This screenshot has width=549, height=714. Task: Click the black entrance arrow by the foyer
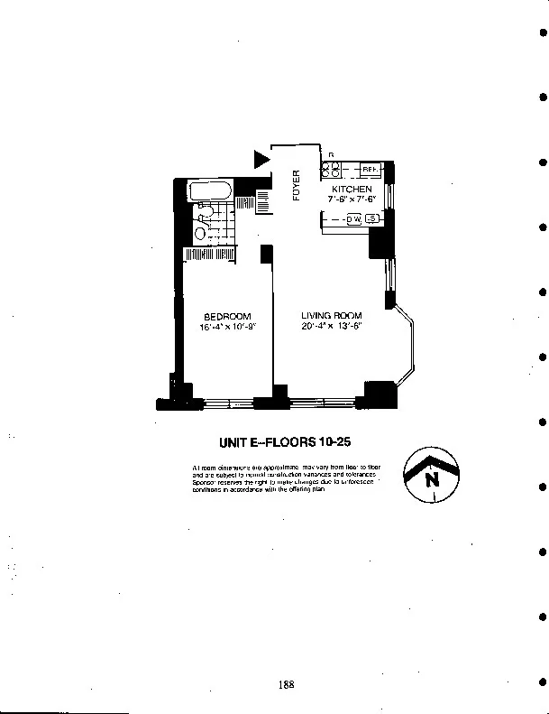[x=261, y=161]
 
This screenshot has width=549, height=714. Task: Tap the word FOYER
[x=296, y=185]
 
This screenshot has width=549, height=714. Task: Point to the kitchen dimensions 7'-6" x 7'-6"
[x=351, y=198]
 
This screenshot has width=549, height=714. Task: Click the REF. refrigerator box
[x=369, y=169]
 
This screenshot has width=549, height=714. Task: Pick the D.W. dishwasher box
[x=354, y=219]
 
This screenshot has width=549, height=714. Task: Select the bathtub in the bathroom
[x=208, y=192]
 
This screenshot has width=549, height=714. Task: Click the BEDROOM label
[x=227, y=316]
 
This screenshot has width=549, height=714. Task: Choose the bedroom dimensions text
[x=229, y=327]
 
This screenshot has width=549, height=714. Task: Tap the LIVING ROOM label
[x=332, y=316]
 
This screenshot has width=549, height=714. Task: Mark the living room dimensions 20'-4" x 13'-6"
[x=332, y=327]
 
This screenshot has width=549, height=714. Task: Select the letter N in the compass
[x=432, y=479]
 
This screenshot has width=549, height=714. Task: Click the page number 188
[x=287, y=684]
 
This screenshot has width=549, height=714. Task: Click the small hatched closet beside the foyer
[x=263, y=201]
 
